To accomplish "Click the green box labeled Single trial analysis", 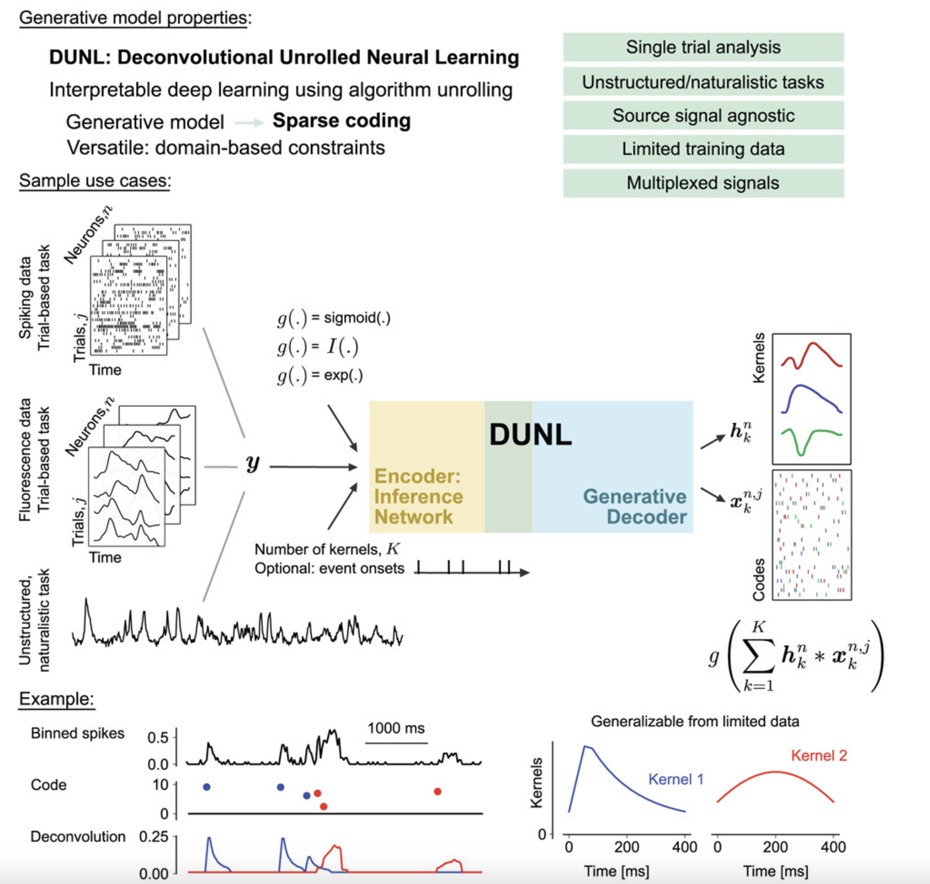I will click(703, 47).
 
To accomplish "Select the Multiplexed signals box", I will click(703, 183).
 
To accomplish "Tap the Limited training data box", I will click(703, 149).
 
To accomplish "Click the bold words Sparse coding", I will click(341, 121).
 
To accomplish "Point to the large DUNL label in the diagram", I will click(530, 435).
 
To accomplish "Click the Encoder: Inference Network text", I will click(418, 496).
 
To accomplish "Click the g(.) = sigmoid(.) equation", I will click(334, 318).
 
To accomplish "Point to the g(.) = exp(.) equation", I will click(320, 375).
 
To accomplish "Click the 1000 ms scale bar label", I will click(396, 729).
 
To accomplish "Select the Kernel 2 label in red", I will click(819, 756).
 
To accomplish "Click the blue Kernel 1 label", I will click(676, 779).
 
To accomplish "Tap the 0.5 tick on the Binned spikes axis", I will click(158, 737).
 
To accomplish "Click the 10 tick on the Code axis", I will click(160, 785).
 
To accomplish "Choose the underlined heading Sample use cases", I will click(94, 180).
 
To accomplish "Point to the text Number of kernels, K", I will click(327, 549).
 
